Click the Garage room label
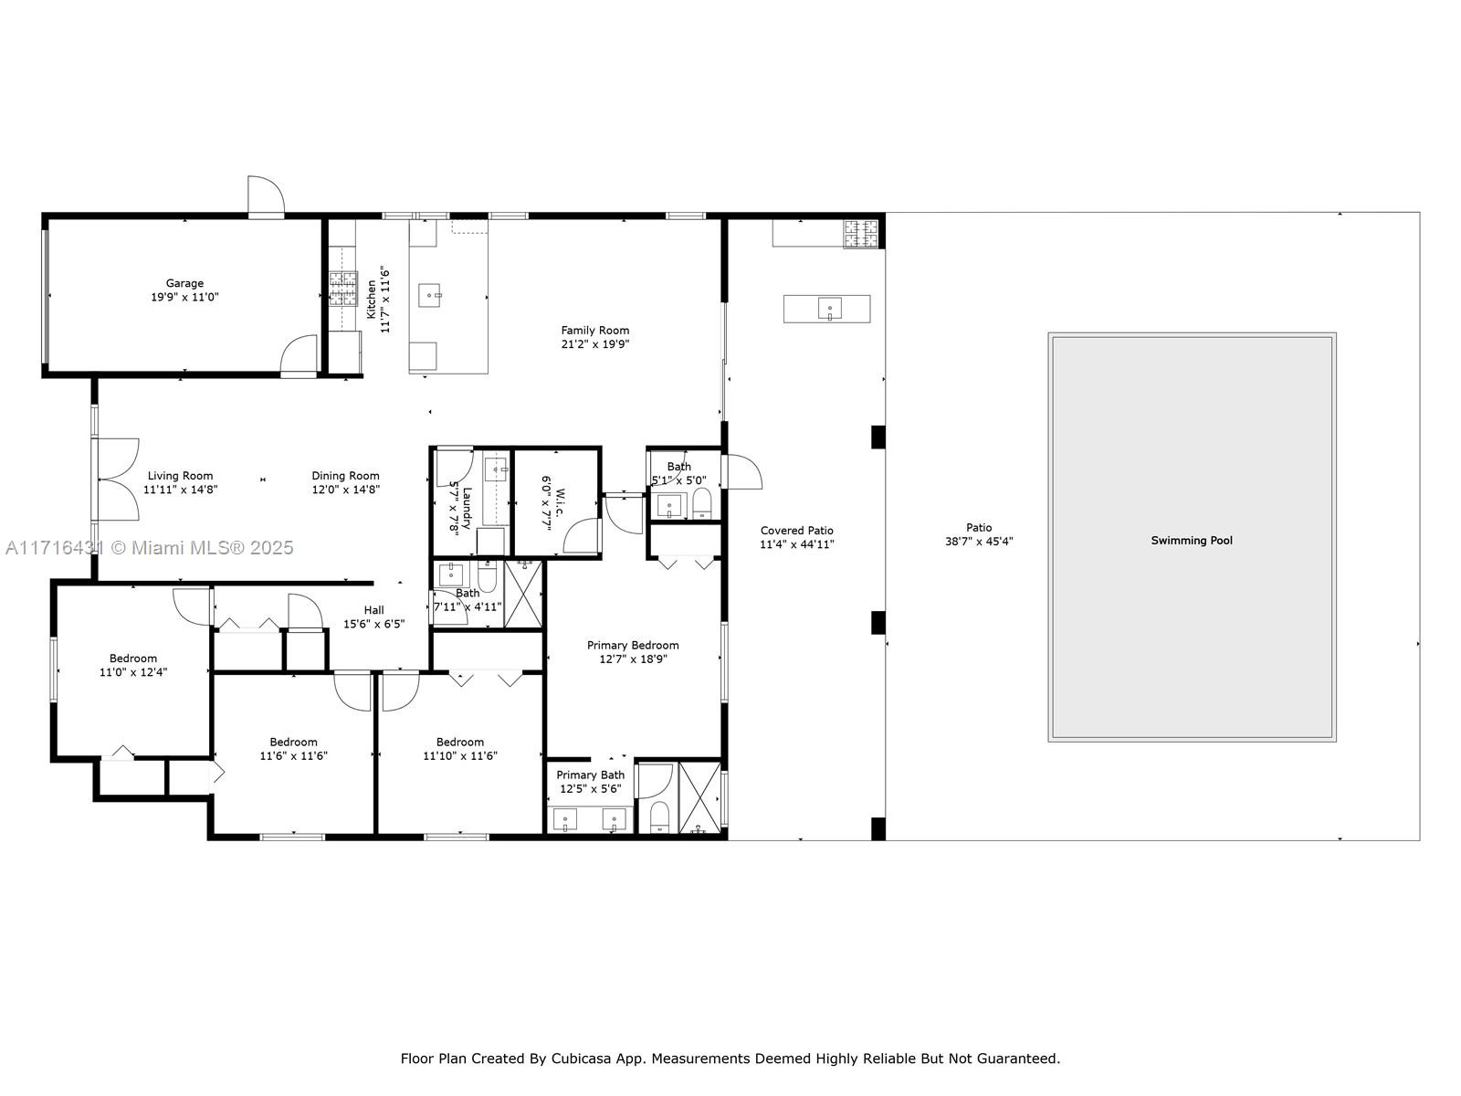[184, 283]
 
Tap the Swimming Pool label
[1192, 541]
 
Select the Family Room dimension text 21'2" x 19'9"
[595, 344]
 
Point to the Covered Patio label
[797, 531]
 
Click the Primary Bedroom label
[632, 645]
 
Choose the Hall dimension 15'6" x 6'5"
[373, 624]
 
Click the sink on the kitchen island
[430, 294]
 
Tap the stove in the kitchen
[342, 288]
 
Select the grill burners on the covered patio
[861, 234]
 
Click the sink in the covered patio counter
[830, 309]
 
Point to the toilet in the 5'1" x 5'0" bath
[702, 503]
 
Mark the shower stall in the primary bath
[699, 797]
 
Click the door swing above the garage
[267, 196]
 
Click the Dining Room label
[345, 476]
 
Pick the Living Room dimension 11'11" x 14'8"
[181, 490]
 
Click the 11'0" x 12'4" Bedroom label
[133, 659]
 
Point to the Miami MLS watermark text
[149, 548]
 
